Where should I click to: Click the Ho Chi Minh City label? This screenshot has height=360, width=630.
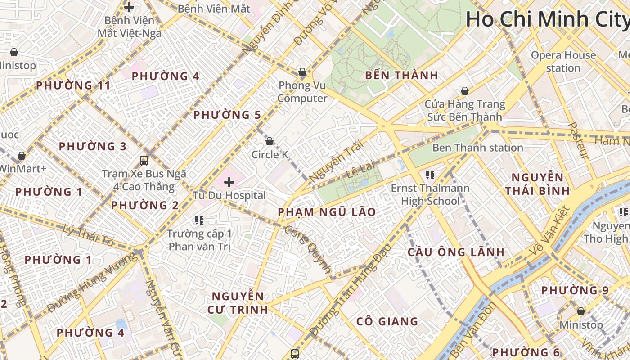point(547,19)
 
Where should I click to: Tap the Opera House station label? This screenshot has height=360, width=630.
point(563,62)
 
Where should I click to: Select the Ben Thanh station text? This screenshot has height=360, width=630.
point(477,148)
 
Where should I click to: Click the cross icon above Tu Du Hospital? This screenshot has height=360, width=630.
point(229,182)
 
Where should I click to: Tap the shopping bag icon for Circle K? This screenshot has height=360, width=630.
point(270,141)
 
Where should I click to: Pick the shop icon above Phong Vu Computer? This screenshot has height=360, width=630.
point(302,72)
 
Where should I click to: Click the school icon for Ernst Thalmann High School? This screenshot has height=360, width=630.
point(430,175)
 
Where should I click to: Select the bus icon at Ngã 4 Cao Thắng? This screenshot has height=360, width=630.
point(144,160)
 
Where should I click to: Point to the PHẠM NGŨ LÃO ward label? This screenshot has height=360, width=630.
point(327,212)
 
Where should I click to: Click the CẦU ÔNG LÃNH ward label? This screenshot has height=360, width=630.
point(456,252)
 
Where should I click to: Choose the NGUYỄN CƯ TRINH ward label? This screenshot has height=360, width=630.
point(238,303)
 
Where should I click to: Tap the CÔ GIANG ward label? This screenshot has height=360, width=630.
point(387,321)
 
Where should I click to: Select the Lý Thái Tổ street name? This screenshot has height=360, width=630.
point(89,234)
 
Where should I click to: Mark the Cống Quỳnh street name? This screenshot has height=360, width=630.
point(308,249)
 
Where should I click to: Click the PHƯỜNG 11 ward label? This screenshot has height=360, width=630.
point(73,85)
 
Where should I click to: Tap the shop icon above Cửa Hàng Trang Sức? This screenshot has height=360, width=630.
point(465,91)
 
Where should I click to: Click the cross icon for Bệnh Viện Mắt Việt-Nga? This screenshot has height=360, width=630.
point(129,7)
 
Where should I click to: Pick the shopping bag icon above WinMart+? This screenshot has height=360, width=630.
point(21,156)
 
